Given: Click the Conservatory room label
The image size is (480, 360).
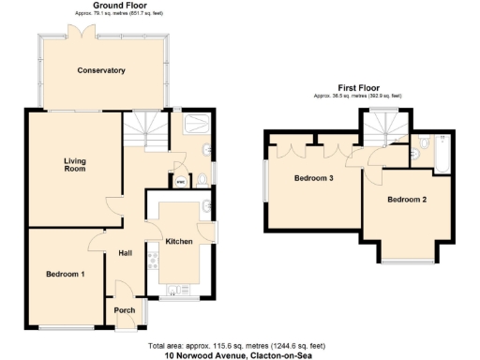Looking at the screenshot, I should pyautogui.click(x=101, y=70).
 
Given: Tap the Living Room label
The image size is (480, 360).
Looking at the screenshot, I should pyautogui.click(x=75, y=164).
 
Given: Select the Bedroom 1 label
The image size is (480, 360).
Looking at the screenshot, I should pyautogui.click(x=65, y=274).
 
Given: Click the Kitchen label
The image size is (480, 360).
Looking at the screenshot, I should pyautogui.click(x=178, y=242).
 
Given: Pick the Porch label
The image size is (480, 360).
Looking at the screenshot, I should pyautogui.click(x=124, y=310).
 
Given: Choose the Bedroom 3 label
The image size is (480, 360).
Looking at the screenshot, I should pyautogui.click(x=313, y=178).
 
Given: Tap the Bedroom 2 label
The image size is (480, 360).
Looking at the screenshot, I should pyautogui.click(x=407, y=200).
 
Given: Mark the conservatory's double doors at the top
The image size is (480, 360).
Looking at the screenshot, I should pyautogui.click(x=87, y=32).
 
